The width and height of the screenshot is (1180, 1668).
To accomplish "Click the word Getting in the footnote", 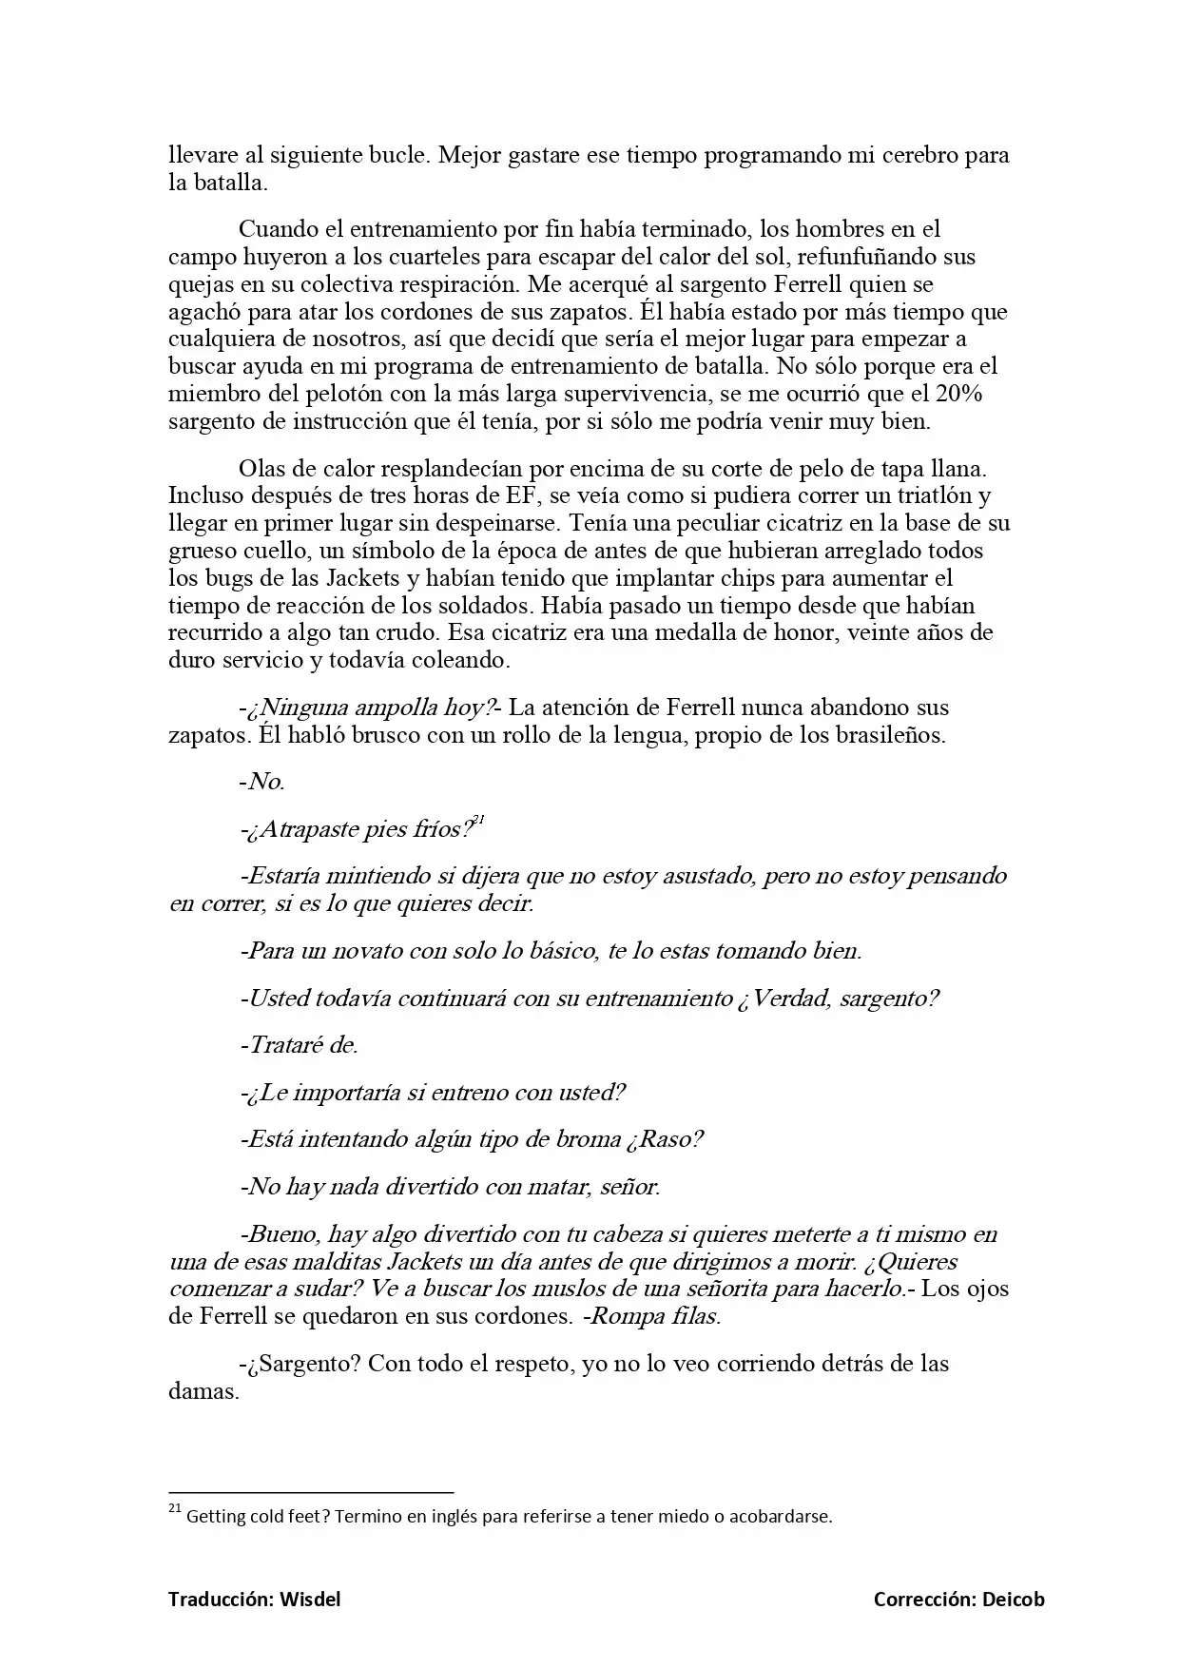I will coord(217,1517).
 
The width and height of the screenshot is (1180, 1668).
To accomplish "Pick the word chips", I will coord(731,578).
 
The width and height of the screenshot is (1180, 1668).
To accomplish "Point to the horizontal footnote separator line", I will coord(311,1493).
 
